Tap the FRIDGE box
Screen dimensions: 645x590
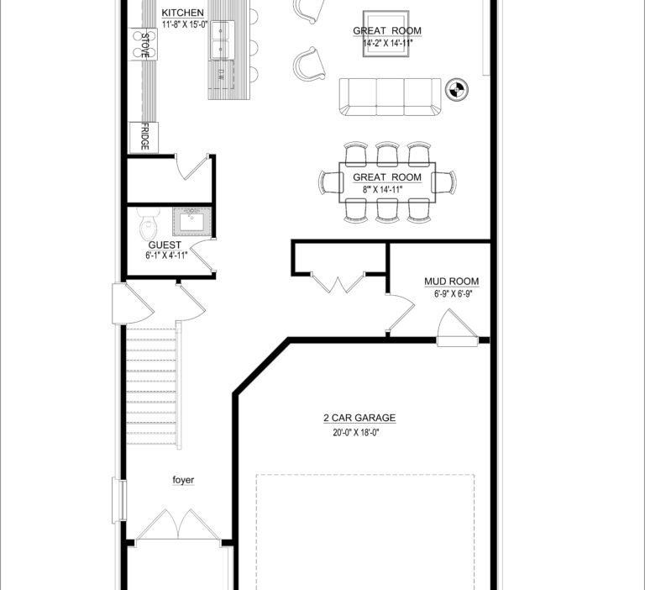(x=144, y=137)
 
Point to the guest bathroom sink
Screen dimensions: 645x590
(x=192, y=222)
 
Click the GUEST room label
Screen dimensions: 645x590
(x=165, y=245)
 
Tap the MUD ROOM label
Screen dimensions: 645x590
(x=452, y=282)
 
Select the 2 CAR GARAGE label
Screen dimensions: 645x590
(x=359, y=418)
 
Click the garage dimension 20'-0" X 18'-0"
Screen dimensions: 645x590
(x=356, y=433)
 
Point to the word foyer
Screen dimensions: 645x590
(x=183, y=480)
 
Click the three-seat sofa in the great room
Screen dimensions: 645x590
(x=390, y=97)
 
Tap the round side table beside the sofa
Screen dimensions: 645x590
(x=457, y=89)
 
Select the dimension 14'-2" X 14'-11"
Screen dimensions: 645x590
(x=387, y=43)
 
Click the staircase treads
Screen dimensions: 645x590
(x=151, y=385)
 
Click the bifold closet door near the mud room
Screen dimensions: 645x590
(x=338, y=282)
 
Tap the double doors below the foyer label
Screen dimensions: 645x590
(x=178, y=524)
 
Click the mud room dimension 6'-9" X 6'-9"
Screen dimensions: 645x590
(x=453, y=294)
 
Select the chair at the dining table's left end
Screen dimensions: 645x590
(x=331, y=182)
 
